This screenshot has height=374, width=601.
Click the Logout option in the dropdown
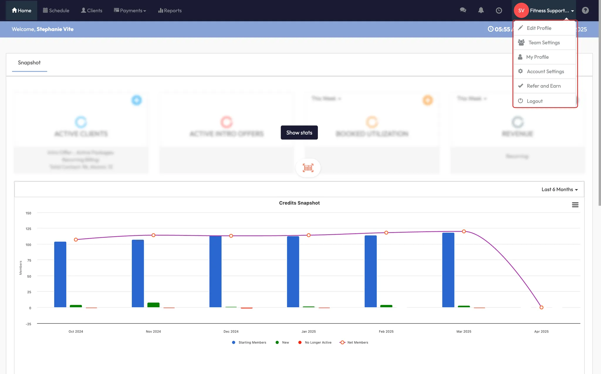click(x=534, y=101)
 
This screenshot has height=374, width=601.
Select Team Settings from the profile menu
click(x=544, y=43)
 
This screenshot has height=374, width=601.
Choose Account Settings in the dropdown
click(x=545, y=71)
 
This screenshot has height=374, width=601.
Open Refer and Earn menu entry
click(x=543, y=86)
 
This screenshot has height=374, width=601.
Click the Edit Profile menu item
click(x=539, y=28)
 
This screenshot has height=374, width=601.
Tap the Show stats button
click(x=299, y=133)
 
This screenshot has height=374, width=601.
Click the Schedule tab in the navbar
click(x=56, y=11)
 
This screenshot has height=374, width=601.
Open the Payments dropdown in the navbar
click(x=130, y=11)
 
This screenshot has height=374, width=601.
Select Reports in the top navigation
click(x=170, y=11)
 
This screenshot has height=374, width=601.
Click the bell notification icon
click(x=481, y=11)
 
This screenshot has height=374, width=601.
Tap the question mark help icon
click(x=585, y=11)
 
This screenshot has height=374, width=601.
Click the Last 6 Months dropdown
click(x=559, y=189)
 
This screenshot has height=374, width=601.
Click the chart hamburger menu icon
click(x=575, y=205)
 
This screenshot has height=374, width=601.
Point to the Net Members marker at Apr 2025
click(x=541, y=307)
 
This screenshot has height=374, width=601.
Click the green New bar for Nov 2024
click(x=153, y=305)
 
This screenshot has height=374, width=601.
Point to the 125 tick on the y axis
click(x=28, y=229)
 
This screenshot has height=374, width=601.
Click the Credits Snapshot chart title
click(x=299, y=203)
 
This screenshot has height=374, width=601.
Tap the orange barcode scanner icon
click(x=308, y=168)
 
